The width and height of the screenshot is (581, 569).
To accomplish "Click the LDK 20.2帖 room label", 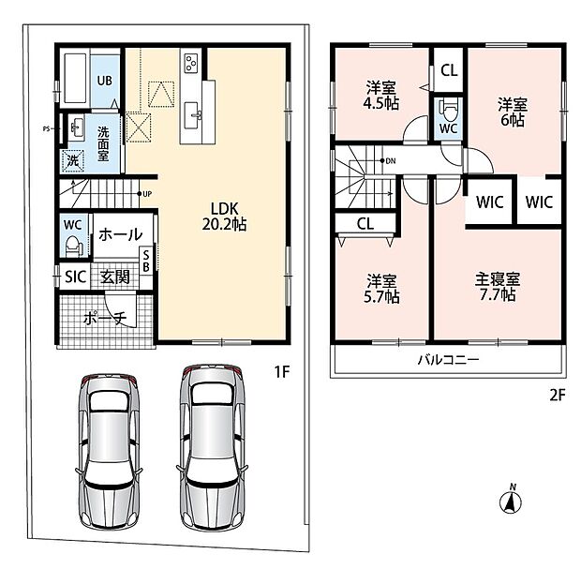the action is tap(224, 217).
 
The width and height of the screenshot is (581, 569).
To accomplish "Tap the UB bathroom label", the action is tap(105, 81).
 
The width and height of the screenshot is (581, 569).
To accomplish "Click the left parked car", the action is tap(109, 451).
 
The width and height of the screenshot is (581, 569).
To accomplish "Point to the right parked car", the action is tap(213, 447).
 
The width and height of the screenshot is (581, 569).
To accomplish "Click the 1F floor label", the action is tap(282, 371).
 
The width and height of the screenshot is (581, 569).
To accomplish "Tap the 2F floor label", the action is tap(558, 396).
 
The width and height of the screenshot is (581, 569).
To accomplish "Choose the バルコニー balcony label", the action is tap(448, 359).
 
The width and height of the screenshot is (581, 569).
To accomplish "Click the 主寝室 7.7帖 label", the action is tap(498, 287).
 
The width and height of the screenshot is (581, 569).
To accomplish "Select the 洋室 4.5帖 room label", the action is tap(381, 96).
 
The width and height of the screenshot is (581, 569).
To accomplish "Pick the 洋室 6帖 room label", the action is tap(513, 112).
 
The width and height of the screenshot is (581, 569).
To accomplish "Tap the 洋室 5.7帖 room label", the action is tap(381, 289).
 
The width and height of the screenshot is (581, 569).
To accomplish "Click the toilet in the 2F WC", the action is tap(448, 110).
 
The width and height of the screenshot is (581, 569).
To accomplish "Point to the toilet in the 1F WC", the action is tap(74, 246).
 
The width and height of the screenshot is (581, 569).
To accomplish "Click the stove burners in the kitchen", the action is tap(191, 62).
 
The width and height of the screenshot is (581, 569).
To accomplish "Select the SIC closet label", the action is tap(75, 277).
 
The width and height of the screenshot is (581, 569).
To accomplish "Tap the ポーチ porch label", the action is tap(105, 318).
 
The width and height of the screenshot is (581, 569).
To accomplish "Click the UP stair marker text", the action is tap(147, 194).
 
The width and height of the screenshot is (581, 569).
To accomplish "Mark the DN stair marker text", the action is tap(391, 161).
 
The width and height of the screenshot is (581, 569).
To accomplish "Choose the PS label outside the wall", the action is tap(46, 129).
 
